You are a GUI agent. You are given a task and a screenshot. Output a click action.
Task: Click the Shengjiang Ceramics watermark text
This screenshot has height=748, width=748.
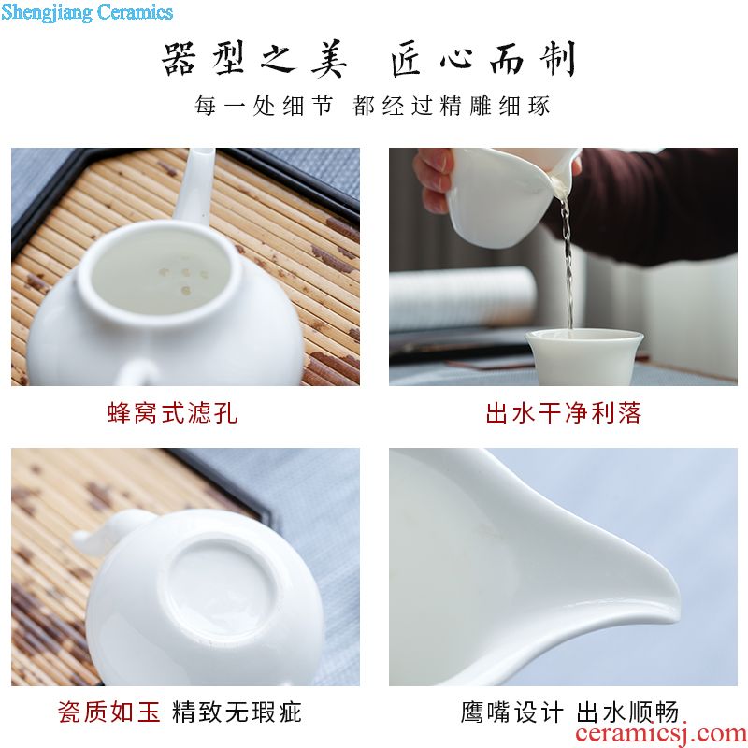[87, 12]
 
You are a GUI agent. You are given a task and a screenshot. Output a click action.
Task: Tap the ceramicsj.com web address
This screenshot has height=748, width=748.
[661, 733]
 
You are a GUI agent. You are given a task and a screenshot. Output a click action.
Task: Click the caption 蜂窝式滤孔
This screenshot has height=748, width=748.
[172, 413]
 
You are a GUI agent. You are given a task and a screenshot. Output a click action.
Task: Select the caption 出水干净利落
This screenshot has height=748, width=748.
[564, 413]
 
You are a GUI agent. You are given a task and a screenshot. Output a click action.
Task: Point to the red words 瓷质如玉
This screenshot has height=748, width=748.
[108, 712]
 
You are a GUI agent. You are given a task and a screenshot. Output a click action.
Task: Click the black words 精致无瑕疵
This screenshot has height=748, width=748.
[237, 712]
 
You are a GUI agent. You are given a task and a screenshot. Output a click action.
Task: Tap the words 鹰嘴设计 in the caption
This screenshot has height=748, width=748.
[511, 712]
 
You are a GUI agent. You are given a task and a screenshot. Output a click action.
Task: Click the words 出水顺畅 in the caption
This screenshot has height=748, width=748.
[627, 712]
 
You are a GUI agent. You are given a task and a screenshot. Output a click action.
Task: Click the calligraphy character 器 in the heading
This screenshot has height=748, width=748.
[179, 59]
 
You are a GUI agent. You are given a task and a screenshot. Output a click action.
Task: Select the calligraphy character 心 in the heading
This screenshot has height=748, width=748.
[456, 60]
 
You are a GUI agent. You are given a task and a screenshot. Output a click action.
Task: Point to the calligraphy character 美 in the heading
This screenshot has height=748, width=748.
[329, 59]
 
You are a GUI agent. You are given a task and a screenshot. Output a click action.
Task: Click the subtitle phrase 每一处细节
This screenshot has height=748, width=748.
[264, 106]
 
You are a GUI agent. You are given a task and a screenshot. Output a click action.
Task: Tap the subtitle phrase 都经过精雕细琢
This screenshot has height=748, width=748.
[452, 106]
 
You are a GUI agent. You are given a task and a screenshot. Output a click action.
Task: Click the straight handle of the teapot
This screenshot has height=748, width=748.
[194, 186]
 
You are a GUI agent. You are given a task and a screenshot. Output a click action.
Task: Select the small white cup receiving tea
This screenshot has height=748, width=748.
[583, 356]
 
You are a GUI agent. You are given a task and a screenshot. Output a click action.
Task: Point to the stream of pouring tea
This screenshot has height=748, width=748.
[568, 263]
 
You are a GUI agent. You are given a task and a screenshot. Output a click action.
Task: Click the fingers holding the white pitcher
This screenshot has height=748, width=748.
[434, 180]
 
